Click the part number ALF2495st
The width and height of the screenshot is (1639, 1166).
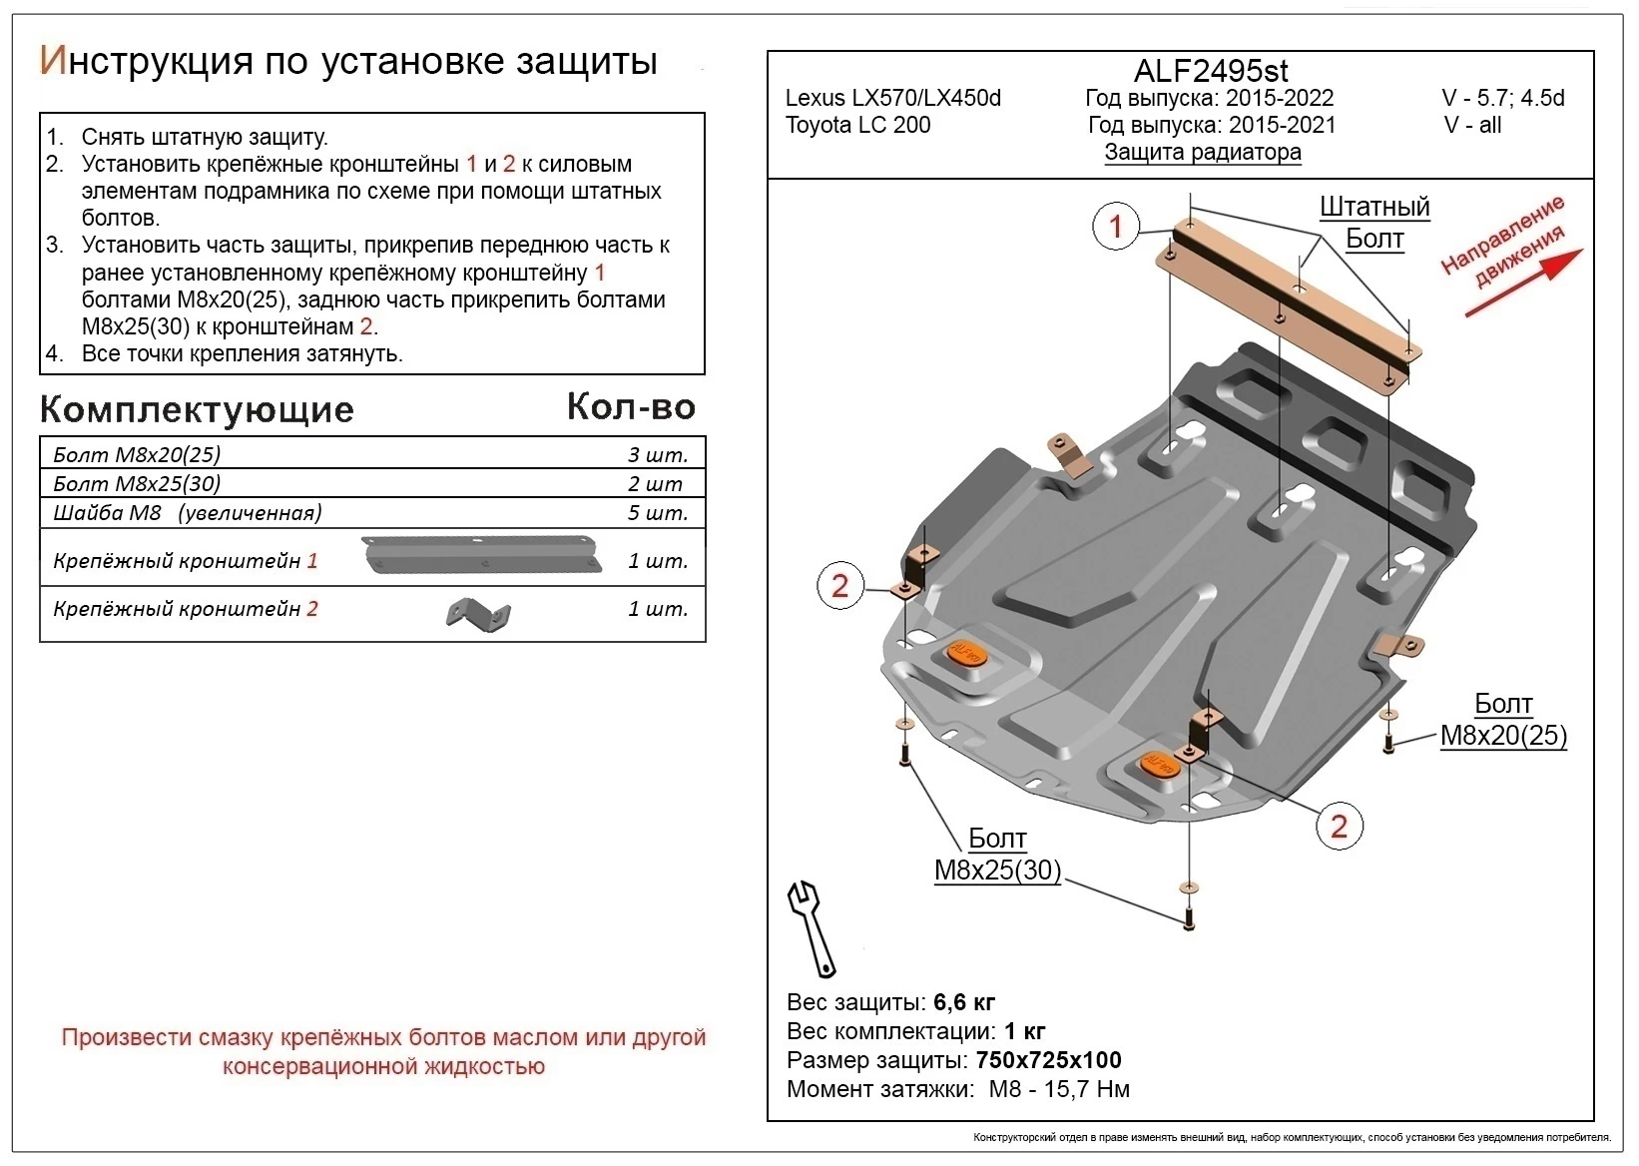[1210, 71]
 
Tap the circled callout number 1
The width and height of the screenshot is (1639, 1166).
[1116, 227]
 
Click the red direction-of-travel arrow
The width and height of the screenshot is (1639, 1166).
[1523, 284]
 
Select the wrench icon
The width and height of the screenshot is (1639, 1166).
[813, 927]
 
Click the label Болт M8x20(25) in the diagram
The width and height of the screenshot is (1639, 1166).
[1502, 720]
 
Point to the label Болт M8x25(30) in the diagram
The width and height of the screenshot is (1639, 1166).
[996, 855]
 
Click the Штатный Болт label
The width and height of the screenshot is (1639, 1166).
[1373, 223]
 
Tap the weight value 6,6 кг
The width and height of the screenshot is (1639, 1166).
[964, 1001]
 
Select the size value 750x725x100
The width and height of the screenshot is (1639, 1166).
[1048, 1059]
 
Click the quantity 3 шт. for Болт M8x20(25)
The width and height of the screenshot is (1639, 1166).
[657, 455]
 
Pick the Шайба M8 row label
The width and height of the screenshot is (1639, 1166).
[187, 513]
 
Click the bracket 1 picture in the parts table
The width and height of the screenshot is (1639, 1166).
[483, 554]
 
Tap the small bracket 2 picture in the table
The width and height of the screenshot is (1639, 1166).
[478, 615]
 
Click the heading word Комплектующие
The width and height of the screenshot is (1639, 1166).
[197, 409]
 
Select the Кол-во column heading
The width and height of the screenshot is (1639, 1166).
[631, 406]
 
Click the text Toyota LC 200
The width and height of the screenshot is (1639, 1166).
[857, 126]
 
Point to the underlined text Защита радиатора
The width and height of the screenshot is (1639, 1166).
[1202, 153]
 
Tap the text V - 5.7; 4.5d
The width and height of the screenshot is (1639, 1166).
[1502, 98]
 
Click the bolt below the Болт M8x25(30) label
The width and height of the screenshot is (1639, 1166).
[1188, 916]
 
